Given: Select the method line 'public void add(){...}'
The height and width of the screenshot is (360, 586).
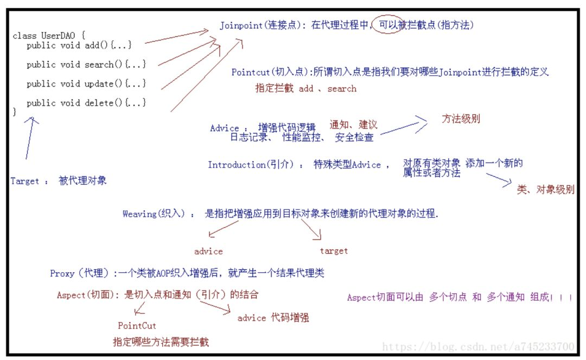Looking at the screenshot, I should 79,46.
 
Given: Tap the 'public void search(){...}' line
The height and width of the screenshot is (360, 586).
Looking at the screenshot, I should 86,65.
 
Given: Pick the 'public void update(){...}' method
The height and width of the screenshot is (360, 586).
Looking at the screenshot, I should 86,83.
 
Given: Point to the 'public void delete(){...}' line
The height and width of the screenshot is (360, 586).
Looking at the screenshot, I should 86,102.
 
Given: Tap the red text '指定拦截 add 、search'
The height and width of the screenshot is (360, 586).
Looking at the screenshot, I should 306,88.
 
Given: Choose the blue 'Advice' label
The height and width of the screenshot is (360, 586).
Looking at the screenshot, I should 225,128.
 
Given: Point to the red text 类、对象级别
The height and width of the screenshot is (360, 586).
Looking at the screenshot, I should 545,190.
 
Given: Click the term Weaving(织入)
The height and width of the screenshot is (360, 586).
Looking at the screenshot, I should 155,214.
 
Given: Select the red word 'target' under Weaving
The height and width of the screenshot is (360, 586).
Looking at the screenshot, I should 334,251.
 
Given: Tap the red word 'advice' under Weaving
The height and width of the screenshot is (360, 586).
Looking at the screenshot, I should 208,252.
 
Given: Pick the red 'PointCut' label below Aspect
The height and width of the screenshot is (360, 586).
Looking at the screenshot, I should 137,326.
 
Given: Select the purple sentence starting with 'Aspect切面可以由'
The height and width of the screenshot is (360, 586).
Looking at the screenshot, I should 459,298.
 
